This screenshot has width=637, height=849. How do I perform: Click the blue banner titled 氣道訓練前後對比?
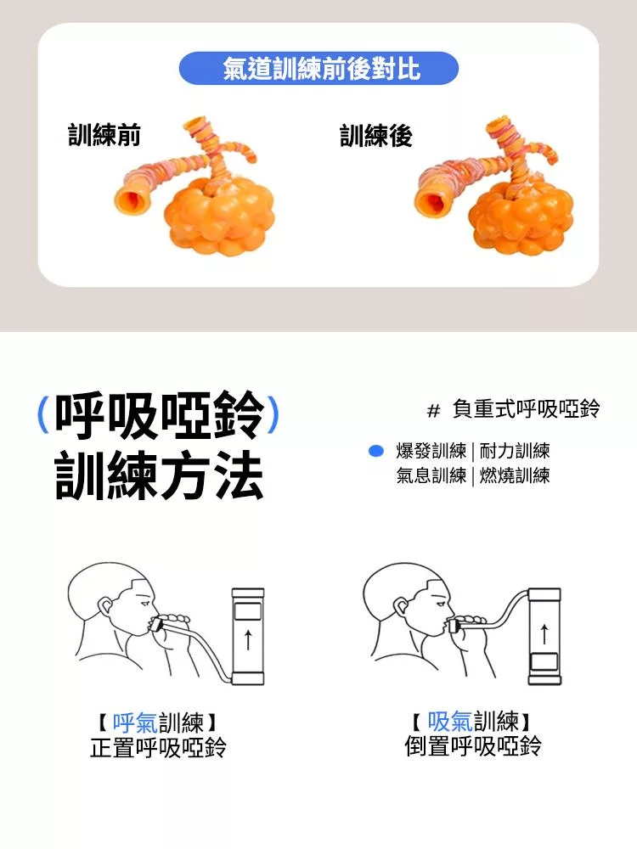tap(318, 69)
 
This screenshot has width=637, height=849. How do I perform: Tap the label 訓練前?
tap(104, 135)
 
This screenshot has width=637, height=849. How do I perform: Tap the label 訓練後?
tap(376, 135)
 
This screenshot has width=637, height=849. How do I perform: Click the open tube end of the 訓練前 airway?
tap(132, 198)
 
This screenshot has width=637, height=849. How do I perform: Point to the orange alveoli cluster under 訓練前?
tap(219, 216)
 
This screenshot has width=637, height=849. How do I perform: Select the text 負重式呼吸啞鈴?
tap(526, 409)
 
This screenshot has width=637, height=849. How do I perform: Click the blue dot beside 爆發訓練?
tap(375, 451)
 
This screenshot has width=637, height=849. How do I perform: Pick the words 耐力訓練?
tap(515, 451)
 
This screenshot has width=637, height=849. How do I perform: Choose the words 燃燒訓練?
tap(515, 475)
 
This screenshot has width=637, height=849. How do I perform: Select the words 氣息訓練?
tap(431, 475)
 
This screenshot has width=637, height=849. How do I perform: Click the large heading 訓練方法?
tap(160, 475)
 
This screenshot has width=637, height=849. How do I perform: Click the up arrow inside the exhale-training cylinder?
tap(247, 638)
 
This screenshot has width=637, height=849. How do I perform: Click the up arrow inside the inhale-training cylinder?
tap(544, 634)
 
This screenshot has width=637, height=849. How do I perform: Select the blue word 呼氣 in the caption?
tap(135, 722)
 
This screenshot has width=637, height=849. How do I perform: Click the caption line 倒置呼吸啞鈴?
tap(473, 746)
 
